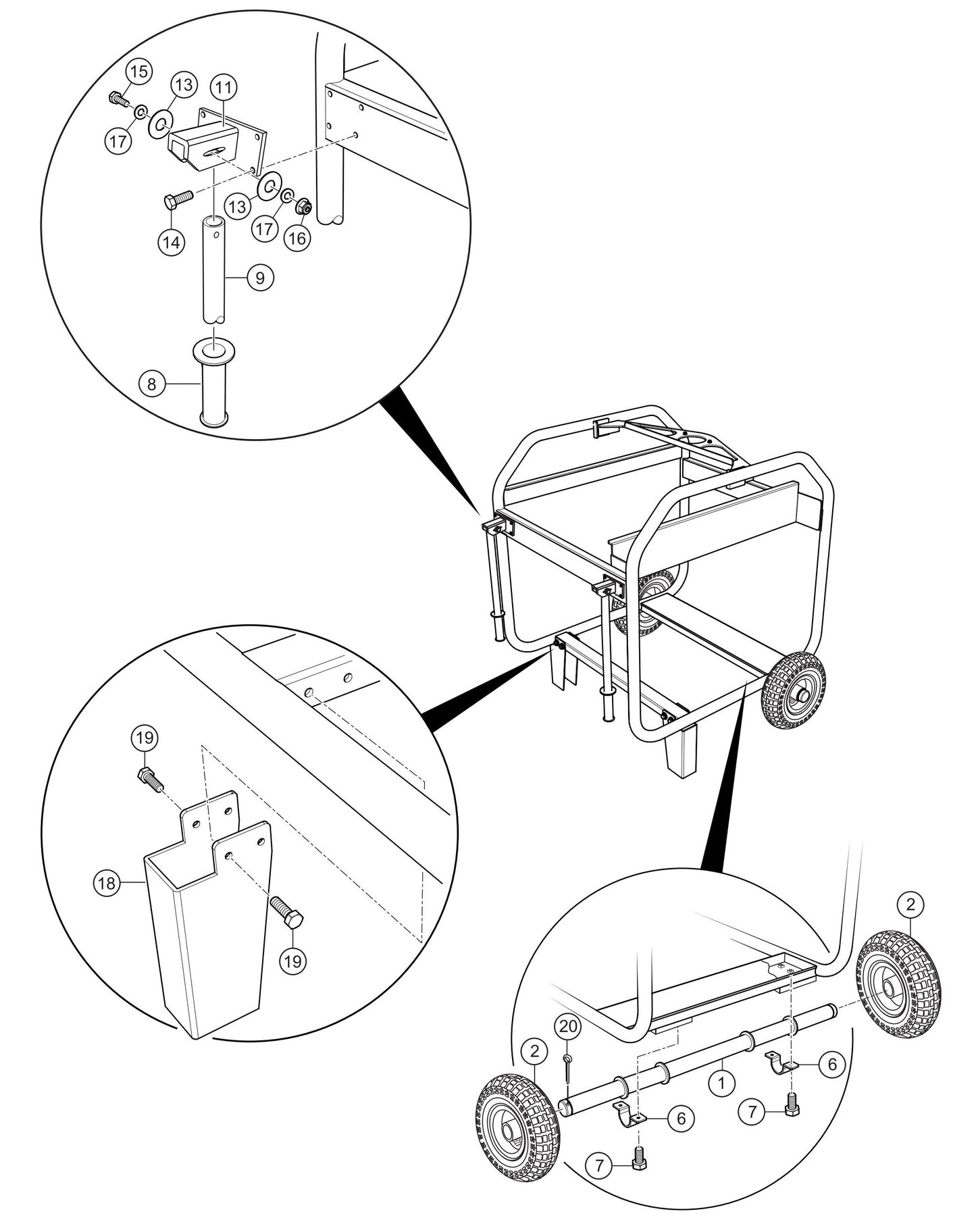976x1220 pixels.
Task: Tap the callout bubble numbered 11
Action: coord(224,88)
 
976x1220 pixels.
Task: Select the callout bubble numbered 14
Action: coord(172,241)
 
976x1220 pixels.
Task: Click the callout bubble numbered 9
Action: coord(260,278)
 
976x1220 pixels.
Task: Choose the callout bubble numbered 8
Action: coord(151,384)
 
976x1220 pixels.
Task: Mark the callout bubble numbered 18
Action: coord(107,882)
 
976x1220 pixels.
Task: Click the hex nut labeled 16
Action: coord(304,206)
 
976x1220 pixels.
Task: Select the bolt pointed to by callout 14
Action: coord(179,199)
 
